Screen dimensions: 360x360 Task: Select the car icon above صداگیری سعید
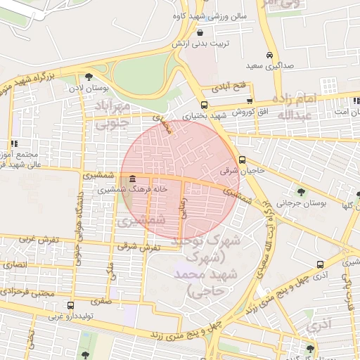pyautogui.click(x=270, y=56)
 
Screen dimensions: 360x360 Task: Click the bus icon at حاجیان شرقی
pyautogui.click(x=242, y=160)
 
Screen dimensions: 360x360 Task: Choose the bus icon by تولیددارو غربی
pyautogui.click(x=70, y=305)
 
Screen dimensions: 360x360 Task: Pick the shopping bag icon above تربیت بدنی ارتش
pyautogui.click(x=201, y=32)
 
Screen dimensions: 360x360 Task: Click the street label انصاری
pyautogui.click(x=15, y=265)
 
